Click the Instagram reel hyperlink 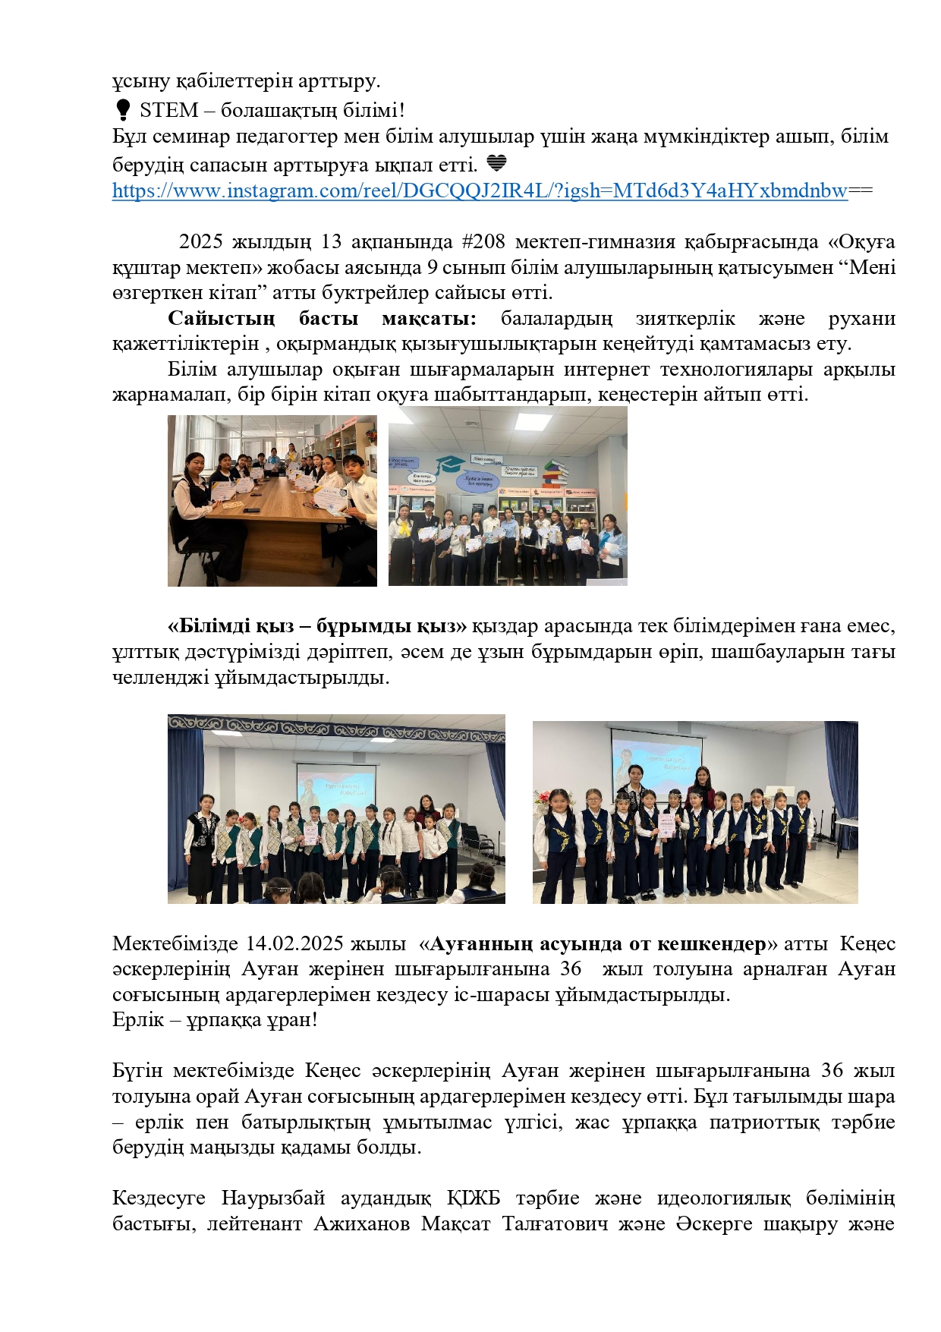pos(480,191)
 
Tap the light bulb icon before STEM pos(122,111)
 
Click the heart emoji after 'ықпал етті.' pos(496,163)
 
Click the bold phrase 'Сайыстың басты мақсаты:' pos(322,319)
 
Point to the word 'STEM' pos(169,111)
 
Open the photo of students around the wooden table pos(272,500)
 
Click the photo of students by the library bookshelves pos(508,496)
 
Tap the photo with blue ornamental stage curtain pos(336,808)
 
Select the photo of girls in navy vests pos(695,812)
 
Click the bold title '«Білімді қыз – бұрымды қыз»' pos(317,627)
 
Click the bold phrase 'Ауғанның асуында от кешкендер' pos(597,944)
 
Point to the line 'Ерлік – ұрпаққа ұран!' pos(215,1020)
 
